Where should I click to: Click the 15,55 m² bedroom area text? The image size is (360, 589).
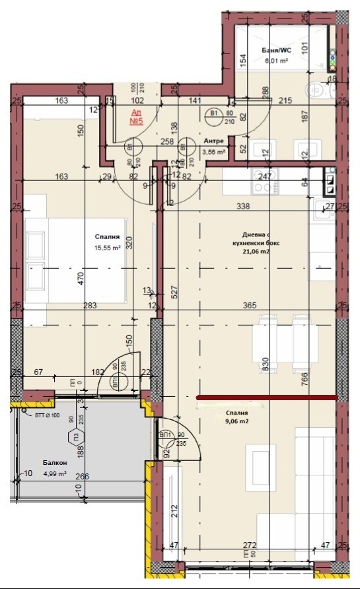[x=106, y=248]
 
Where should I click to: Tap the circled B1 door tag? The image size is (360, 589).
[x=214, y=114]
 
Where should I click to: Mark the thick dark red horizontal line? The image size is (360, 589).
[x=268, y=398]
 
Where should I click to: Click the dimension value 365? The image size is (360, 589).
[x=250, y=305]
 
